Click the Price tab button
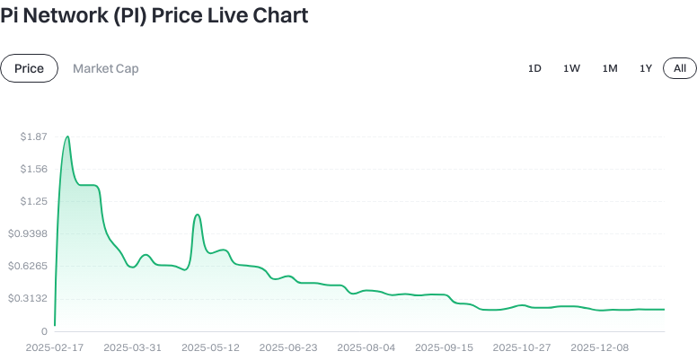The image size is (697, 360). (x=29, y=68)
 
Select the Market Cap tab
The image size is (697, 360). (x=105, y=68)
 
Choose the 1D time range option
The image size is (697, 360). (x=534, y=68)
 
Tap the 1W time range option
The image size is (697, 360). (x=572, y=68)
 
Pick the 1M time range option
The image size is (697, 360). (x=610, y=68)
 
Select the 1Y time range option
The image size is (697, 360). (x=646, y=68)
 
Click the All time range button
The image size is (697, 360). (x=680, y=68)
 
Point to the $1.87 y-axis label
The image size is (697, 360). (x=33, y=136)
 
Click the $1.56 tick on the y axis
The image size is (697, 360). (x=33, y=169)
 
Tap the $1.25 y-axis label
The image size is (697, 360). (x=33, y=201)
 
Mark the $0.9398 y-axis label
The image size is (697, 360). (x=29, y=233)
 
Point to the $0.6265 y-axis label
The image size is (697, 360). (x=29, y=266)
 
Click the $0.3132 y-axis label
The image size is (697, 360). (x=29, y=298)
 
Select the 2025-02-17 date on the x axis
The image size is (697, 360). (x=55, y=347)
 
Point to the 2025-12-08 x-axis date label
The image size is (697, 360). (x=600, y=347)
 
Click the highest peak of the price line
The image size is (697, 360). (x=67, y=136)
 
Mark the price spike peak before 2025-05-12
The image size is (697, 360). (x=198, y=215)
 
